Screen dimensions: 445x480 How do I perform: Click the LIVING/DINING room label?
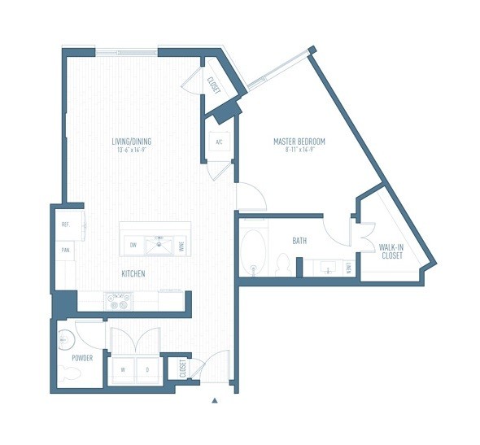[131, 142]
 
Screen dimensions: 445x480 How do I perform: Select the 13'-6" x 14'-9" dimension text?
[131, 150]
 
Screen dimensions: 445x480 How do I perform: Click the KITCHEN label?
[133, 274]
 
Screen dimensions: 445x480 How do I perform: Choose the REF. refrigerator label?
[64, 225]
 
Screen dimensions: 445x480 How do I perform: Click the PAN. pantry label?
[64, 251]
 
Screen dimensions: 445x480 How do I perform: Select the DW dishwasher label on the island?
[132, 244]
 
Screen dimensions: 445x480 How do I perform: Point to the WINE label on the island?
[181, 244]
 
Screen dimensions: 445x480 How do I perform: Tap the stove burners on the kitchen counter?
[117, 301]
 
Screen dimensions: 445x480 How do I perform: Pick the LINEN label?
[349, 267]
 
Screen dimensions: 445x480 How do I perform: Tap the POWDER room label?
[81, 357]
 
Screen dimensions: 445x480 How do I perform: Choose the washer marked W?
[123, 368]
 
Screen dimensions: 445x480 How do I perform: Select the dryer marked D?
[146, 368]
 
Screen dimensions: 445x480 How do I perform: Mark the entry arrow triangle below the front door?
[215, 400]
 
